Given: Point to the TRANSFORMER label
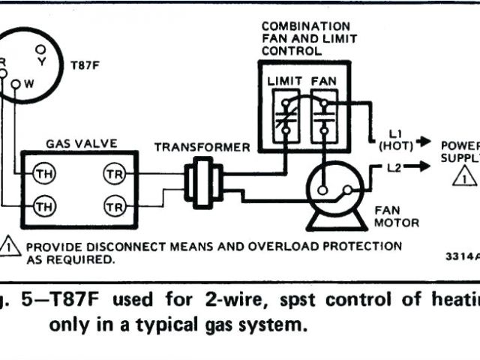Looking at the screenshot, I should pos(202,147).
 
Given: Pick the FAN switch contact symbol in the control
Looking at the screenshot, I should pos(323,112).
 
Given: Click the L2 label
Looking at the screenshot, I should pos(395,167).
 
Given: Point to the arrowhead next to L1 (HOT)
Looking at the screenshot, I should pos(426,141).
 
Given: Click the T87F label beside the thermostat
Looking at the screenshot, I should pos(83,65).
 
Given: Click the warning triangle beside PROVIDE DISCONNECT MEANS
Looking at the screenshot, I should pos(10,246).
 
